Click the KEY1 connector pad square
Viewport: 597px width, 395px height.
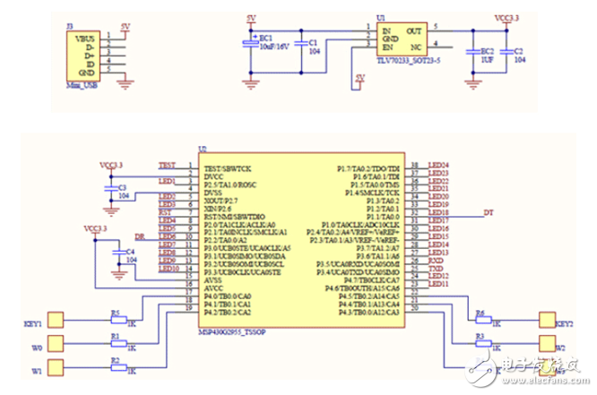click(55, 319)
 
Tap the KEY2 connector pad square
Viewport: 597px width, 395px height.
click(545, 319)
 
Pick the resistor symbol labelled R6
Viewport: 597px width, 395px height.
click(481, 319)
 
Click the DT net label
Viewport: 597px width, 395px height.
click(489, 212)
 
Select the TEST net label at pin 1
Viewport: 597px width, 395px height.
click(167, 166)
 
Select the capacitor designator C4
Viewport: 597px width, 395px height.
click(131, 252)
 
